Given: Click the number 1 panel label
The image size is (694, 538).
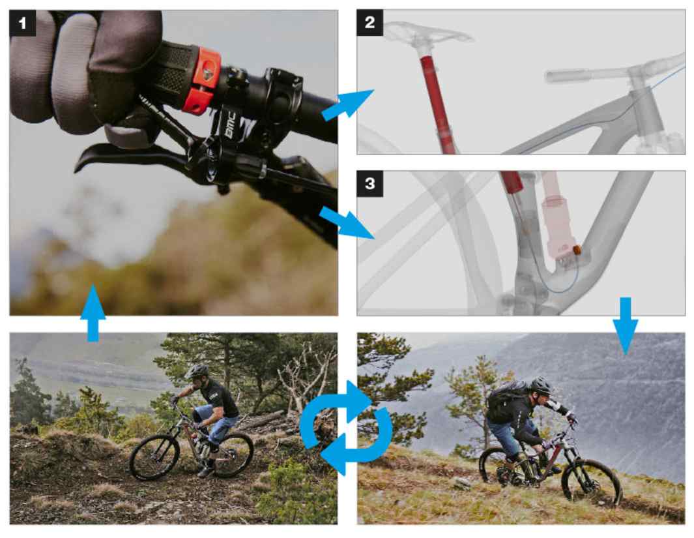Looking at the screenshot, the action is [22, 23].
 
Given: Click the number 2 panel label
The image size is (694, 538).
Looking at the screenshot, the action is [369, 23].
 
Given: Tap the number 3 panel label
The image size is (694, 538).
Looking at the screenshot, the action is [369, 184].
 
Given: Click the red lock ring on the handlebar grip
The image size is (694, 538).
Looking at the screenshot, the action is [202, 79].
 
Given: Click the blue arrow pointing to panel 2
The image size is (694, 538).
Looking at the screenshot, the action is [347, 104].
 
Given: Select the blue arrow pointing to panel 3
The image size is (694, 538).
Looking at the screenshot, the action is [347, 223].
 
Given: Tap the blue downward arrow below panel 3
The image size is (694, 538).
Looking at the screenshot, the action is [626, 326].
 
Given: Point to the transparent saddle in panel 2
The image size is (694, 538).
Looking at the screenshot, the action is [427, 33].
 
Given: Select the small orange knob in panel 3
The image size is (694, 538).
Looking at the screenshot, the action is [578, 250].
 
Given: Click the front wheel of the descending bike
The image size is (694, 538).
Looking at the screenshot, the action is [154, 457].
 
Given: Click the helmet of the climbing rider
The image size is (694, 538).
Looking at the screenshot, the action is [540, 385].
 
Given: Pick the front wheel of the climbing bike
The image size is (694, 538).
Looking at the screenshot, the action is [592, 483].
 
